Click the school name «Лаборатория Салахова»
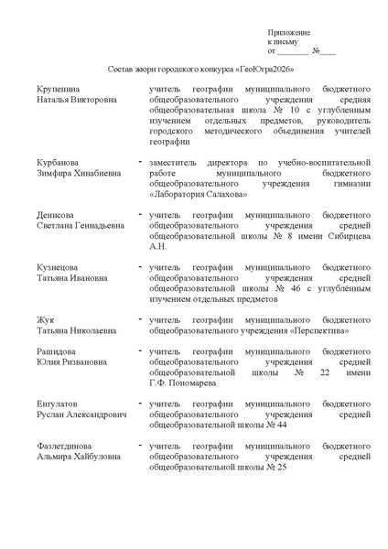click(196, 194)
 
